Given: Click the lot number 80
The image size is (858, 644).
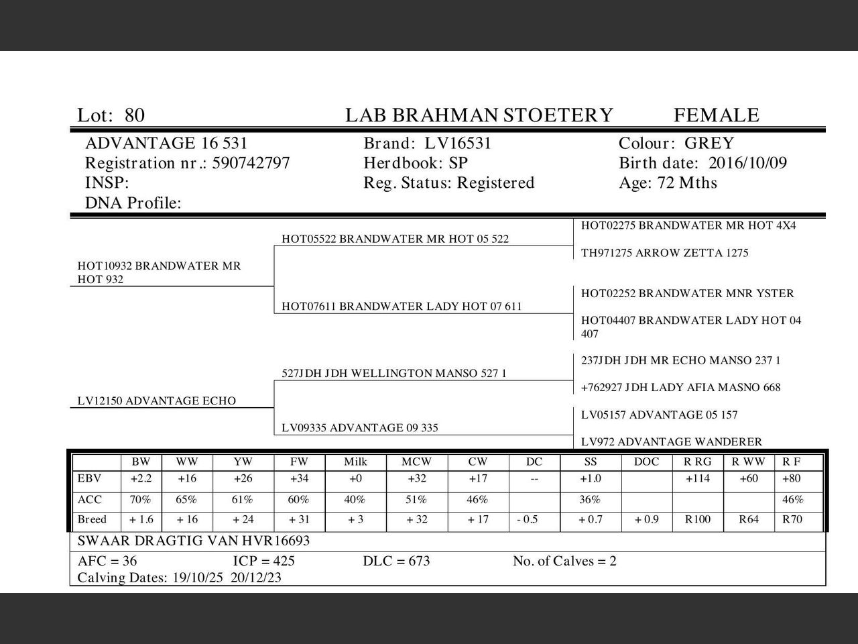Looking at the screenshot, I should (x=134, y=115).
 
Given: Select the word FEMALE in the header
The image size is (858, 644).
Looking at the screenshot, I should (x=716, y=115).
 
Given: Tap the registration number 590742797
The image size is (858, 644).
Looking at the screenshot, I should (x=251, y=163).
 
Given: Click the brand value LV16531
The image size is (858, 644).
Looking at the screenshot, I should (x=458, y=144).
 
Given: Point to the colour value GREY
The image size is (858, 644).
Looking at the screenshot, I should (x=709, y=144).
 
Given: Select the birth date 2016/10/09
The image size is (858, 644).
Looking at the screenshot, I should (x=747, y=163).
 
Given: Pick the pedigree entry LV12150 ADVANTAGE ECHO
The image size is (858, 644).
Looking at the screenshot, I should (x=156, y=401).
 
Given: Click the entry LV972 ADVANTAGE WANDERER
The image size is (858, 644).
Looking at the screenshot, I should (x=671, y=441).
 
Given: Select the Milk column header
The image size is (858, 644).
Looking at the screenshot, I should (x=355, y=462).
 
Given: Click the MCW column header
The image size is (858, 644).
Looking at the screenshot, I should (x=416, y=462).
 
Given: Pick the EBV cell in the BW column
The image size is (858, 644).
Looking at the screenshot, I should (x=141, y=479).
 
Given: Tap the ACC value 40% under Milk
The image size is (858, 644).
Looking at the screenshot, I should (x=355, y=500).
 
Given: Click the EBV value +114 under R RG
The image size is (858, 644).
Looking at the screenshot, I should (x=698, y=479).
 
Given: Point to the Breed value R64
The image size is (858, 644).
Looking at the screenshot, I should (x=748, y=519).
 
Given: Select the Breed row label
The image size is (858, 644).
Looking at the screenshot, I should (x=92, y=519).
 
